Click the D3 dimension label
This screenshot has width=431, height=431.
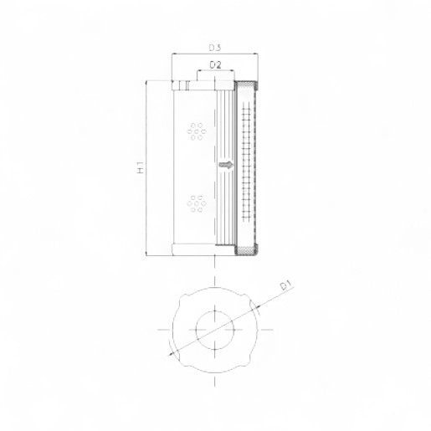(x=215, y=47)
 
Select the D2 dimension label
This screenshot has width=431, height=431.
(x=215, y=64)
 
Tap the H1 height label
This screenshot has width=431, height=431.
(x=141, y=167)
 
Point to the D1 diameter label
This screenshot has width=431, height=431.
(x=285, y=287)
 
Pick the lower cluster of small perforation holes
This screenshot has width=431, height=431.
(x=197, y=203)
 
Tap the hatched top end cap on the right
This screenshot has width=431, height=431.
(x=248, y=85)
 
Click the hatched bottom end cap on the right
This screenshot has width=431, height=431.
(x=248, y=249)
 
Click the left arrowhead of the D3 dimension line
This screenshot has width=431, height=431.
(x=174, y=55)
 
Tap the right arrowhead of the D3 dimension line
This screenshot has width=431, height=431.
(x=256, y=55)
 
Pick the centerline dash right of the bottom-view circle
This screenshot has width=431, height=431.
(x=268, y=329)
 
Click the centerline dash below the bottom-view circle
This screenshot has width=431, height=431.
(x=215, y=381)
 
